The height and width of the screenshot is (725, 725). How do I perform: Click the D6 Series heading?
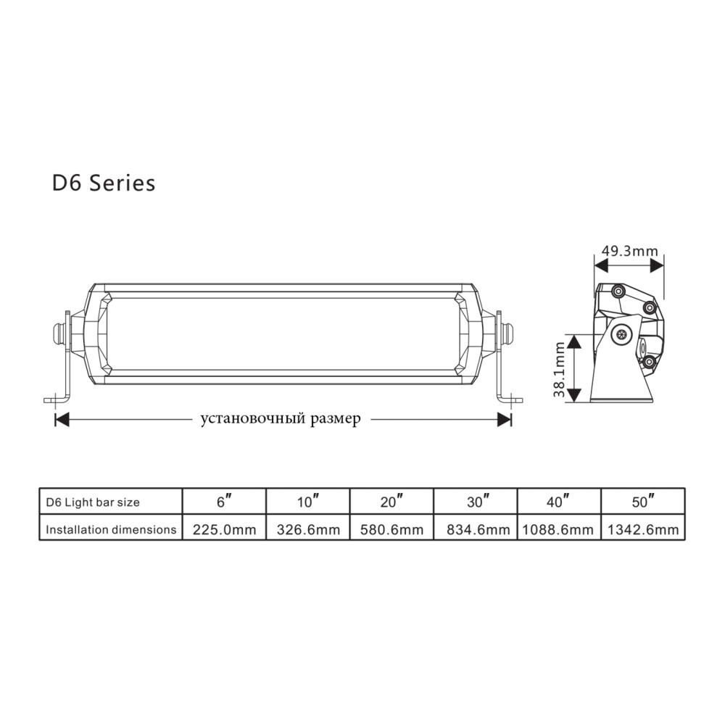[x=104, y=183]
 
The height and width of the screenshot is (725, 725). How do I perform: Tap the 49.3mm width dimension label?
[x=629, y=251]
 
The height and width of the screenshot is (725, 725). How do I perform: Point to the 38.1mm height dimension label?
[x=560, y=370]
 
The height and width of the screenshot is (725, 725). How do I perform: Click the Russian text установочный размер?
[x=280, y=419]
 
